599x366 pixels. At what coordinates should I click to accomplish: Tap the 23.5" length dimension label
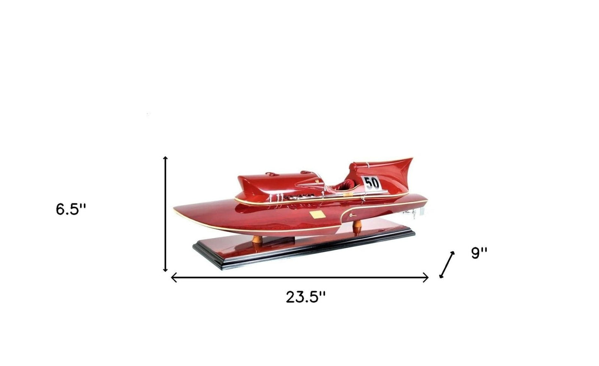(x=306, y=297)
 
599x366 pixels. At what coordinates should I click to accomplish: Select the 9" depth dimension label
(x=479, y=253)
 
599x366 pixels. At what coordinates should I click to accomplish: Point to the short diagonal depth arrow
(x=447, y=265)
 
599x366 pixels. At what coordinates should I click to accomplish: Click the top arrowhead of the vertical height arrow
(x=165, y=159)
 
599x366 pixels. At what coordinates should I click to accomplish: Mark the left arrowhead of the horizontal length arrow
(x=173, y=278)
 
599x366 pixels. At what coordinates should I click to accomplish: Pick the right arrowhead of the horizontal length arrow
(x=426, y=278)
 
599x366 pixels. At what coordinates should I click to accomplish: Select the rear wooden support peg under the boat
(x=357, y=227)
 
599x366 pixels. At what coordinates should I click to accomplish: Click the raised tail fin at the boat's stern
(x=398, y=168)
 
